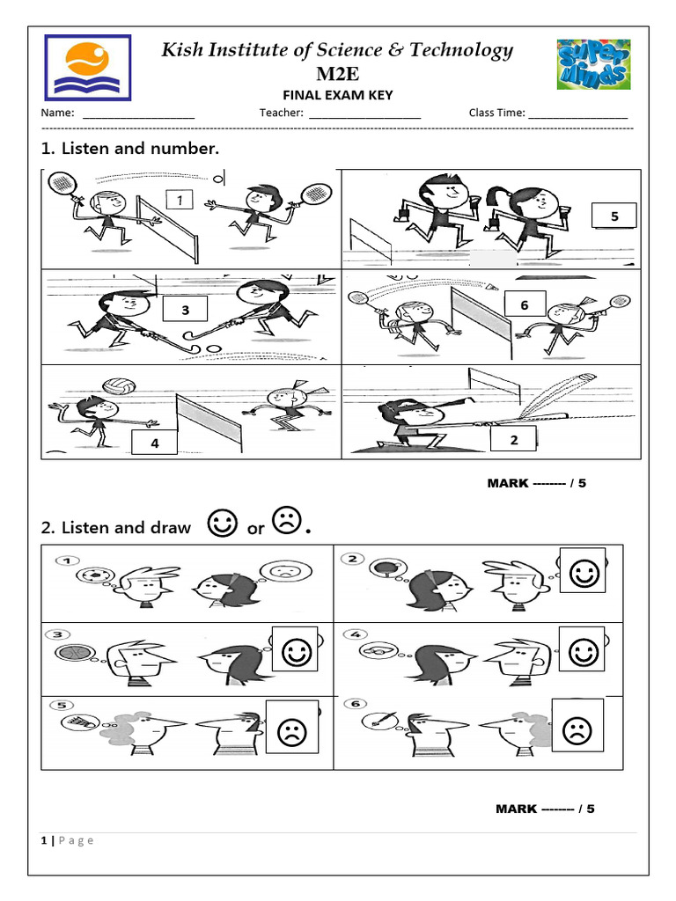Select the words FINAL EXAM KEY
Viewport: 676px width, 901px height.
click(337, 95)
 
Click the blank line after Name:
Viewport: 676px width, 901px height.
click(138, 114)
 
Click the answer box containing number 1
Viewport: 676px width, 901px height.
click(180, 201)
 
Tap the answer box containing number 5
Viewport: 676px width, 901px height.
click(614, 216)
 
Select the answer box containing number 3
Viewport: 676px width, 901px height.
click(185, 311)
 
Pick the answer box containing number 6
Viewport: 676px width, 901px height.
click(524, 304)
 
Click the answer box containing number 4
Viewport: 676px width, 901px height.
click(155, 443)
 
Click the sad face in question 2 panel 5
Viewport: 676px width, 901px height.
click(288, 730)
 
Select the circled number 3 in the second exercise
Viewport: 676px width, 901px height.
click(58, 634)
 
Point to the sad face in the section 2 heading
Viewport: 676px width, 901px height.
click(286, 522)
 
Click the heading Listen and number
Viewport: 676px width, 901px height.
click(130, 149)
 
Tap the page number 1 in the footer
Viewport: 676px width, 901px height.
click(43, 840)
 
